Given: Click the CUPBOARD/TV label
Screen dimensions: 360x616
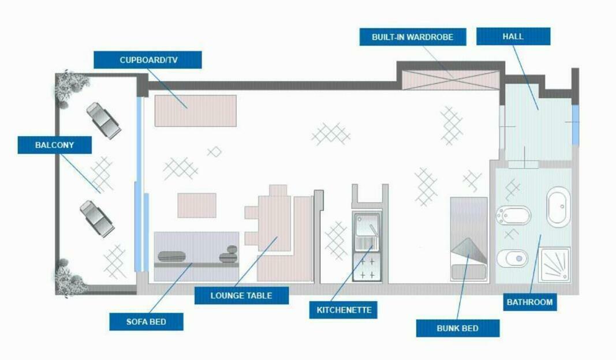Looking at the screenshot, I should tap(148, 60).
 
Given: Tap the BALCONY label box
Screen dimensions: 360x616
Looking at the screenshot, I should tap(55, 145).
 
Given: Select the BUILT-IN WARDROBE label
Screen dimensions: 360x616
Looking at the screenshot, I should tap(412, 37).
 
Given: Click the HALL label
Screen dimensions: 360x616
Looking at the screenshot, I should tap(513, 36).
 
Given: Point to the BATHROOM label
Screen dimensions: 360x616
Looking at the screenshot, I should tap(529, 302).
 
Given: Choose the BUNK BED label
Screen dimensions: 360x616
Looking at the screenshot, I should tap(458, 328).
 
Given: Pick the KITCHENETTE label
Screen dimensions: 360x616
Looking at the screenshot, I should tap(344, 310).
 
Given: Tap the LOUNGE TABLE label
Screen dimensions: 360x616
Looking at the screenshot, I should tap(241, 295).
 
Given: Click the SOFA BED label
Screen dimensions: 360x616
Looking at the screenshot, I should tap(147, 321).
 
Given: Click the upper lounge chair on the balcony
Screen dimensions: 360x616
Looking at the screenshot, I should tap(104, 121).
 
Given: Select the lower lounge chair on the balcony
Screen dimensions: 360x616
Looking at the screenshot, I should tap(97, 217).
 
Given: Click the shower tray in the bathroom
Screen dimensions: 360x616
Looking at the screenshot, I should tap(555, 264).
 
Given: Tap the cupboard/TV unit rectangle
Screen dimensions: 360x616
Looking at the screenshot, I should tap(196, 110).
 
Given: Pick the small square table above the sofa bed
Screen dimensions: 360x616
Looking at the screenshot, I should tap(197, 205).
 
